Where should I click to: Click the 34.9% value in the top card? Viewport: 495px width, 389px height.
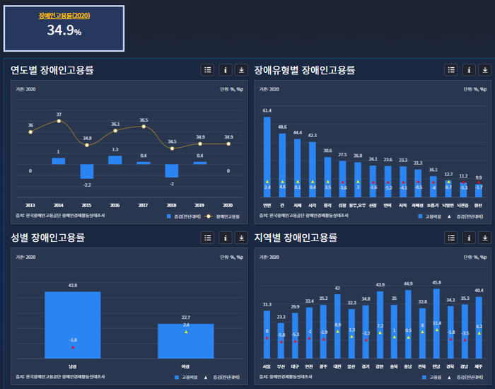pos(64,30)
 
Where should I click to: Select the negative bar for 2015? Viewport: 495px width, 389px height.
pos(87,171)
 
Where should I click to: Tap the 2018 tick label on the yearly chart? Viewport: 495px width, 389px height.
pos(172,205)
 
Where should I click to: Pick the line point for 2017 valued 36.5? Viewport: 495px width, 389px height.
pos(144,127)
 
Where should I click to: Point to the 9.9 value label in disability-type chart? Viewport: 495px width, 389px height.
pos(479,178)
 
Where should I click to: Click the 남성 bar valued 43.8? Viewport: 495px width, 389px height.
pos(72,325)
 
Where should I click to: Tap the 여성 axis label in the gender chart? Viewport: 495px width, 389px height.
pos(186,366)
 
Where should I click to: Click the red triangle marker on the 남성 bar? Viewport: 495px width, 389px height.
pos(72,347)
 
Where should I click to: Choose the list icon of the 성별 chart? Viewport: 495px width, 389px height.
pos(207,238)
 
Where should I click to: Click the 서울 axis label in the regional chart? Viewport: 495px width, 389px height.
pos(267,366)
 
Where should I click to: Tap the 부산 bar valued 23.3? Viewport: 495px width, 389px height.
pos(281,342)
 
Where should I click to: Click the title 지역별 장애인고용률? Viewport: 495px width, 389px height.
pos(296,238)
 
